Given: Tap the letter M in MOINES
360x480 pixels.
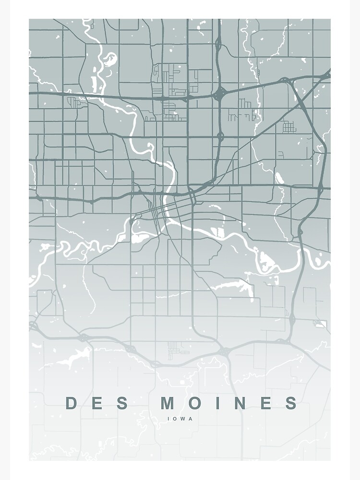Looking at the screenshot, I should click(x=168, y=403).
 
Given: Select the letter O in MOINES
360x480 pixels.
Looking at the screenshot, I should click(x=195, y=403).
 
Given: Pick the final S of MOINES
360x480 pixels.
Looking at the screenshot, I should click(x=291, y=403).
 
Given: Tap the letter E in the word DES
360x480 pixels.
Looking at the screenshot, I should click(x=97, y=403).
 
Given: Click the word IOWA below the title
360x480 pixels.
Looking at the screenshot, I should click(x=180, y=419).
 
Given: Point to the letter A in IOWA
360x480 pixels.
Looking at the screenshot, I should click(x=190, y=419).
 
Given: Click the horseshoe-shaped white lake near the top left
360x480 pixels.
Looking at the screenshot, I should click(x=109, y=59).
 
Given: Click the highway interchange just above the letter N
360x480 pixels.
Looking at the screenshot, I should click(x=225, y=353).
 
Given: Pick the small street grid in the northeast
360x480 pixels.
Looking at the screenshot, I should click(x=288, y=127).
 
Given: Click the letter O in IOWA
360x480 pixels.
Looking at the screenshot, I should click(x=176, y=419).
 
